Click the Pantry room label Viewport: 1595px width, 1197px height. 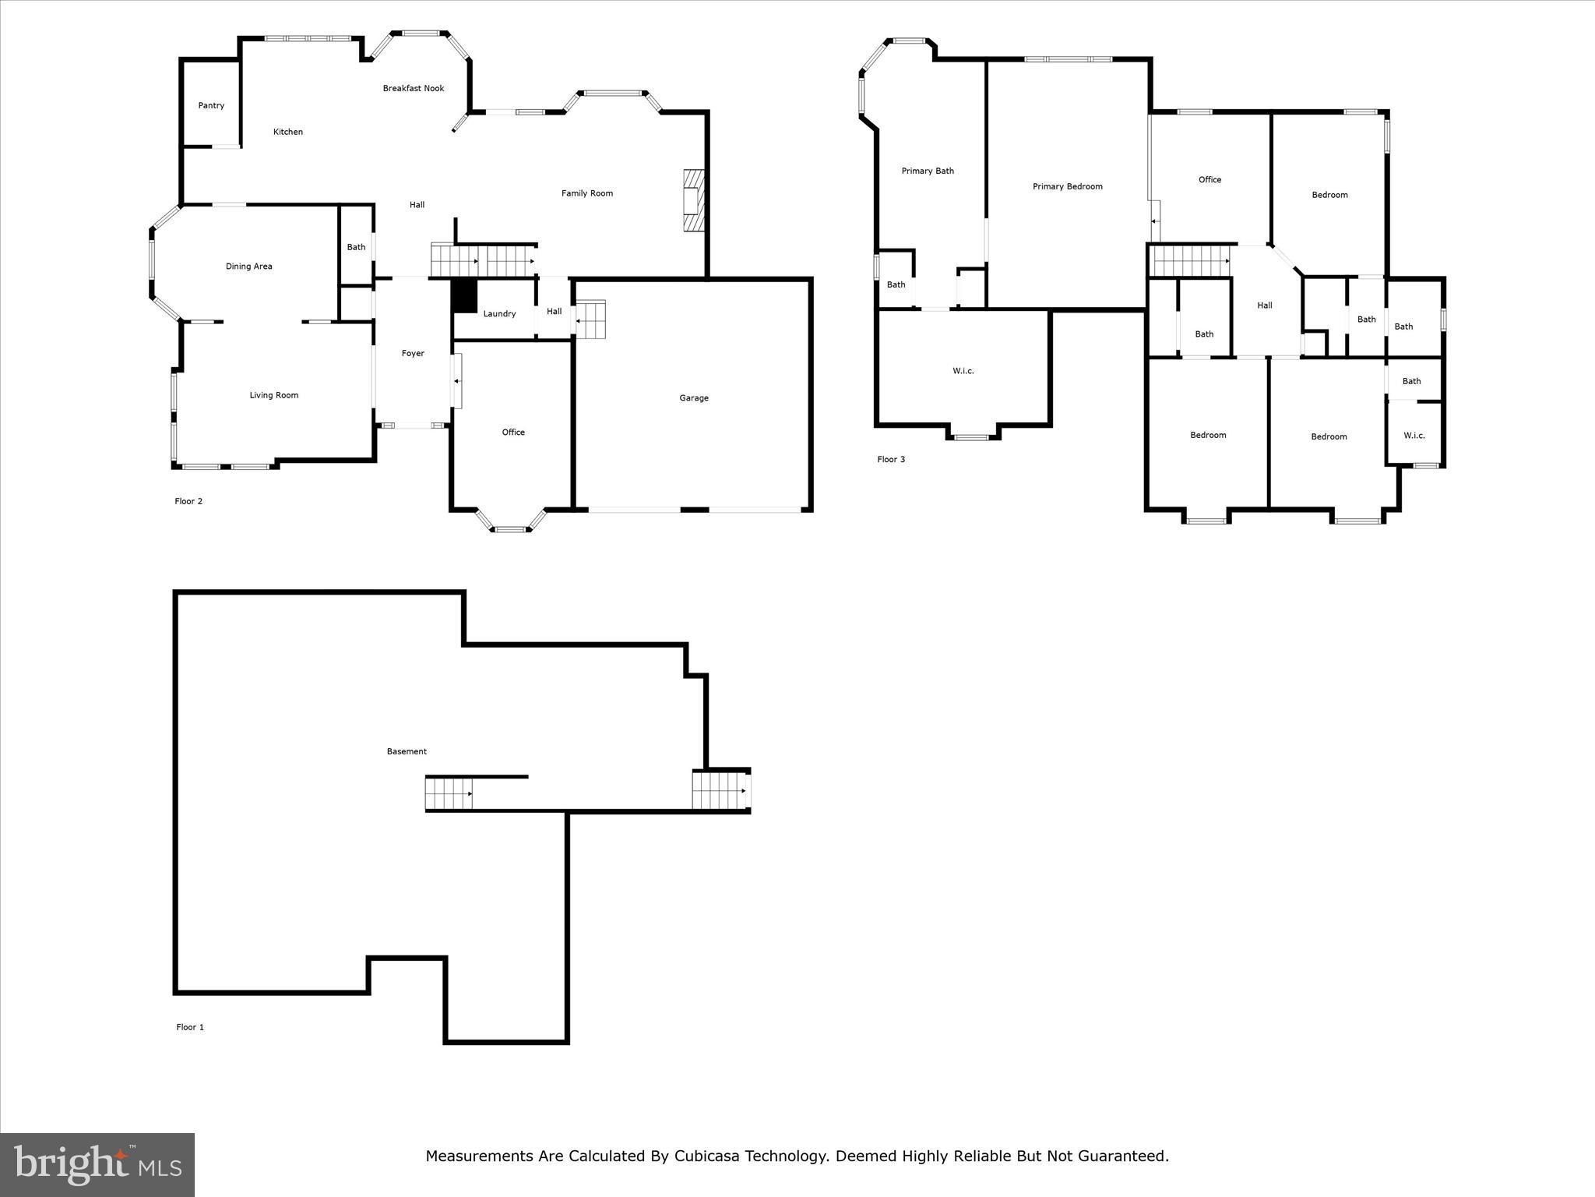(x=211, y=106)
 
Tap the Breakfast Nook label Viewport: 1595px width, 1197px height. (x=414, y=89)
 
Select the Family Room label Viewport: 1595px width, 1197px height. (x=587, y=193)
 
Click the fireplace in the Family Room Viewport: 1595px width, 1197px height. (x=692, y=202)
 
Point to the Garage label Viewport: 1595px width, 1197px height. (x=694, y=398)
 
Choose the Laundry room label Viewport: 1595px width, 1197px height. (x=499, y=314)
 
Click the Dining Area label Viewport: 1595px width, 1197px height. (x=249, y=267)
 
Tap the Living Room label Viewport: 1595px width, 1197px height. (x=274, y=395)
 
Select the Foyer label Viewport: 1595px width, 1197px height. (x=413, y=354)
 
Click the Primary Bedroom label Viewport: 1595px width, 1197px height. (x=1068, y=187)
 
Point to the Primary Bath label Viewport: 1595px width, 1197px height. (x=928, y=171)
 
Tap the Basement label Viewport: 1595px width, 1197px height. (x=407, y=752)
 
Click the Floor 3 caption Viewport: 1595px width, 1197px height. (x=891, y=460)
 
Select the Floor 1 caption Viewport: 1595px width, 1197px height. (x=190, y=1027)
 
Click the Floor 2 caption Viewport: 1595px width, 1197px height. (x=188, y=502)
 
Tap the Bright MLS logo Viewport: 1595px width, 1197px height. (x=97, y=1164)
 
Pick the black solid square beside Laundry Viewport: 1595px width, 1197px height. (x=465, y=296)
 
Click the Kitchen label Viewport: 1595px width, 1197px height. (x=288, y=132)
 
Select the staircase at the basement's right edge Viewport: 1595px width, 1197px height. (x=720, y=790)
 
